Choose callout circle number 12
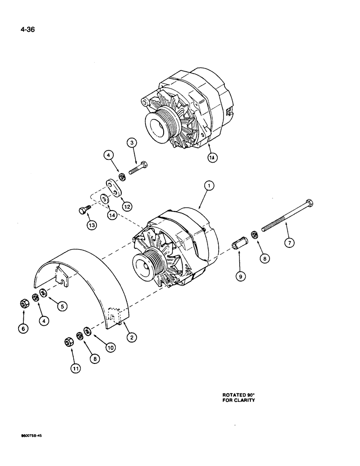pyautogui.click(x=126, y=206)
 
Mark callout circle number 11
pyautogui.click(x=76, y=368)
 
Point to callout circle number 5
pyautogui.click(x=62, y=306)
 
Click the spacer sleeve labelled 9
pyautogui.click(x=239, y=244)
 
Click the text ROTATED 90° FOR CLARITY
pyautogui.click(x=238, y=397)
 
